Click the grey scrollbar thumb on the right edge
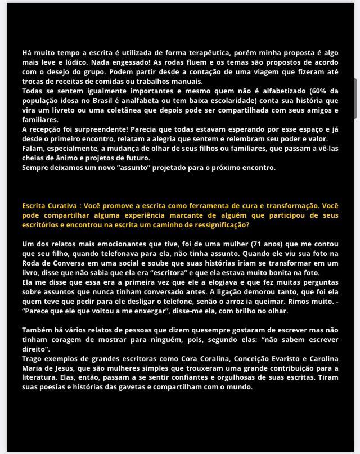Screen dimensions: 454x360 [x=355, y=98]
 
